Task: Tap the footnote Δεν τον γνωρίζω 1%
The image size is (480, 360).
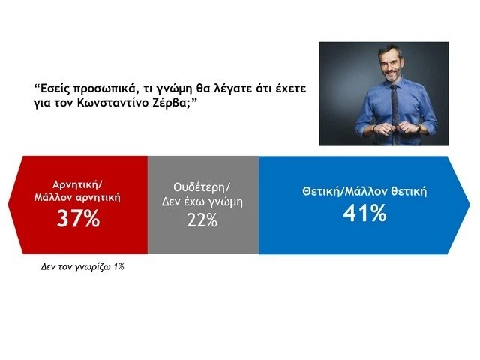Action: pos(81,266)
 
